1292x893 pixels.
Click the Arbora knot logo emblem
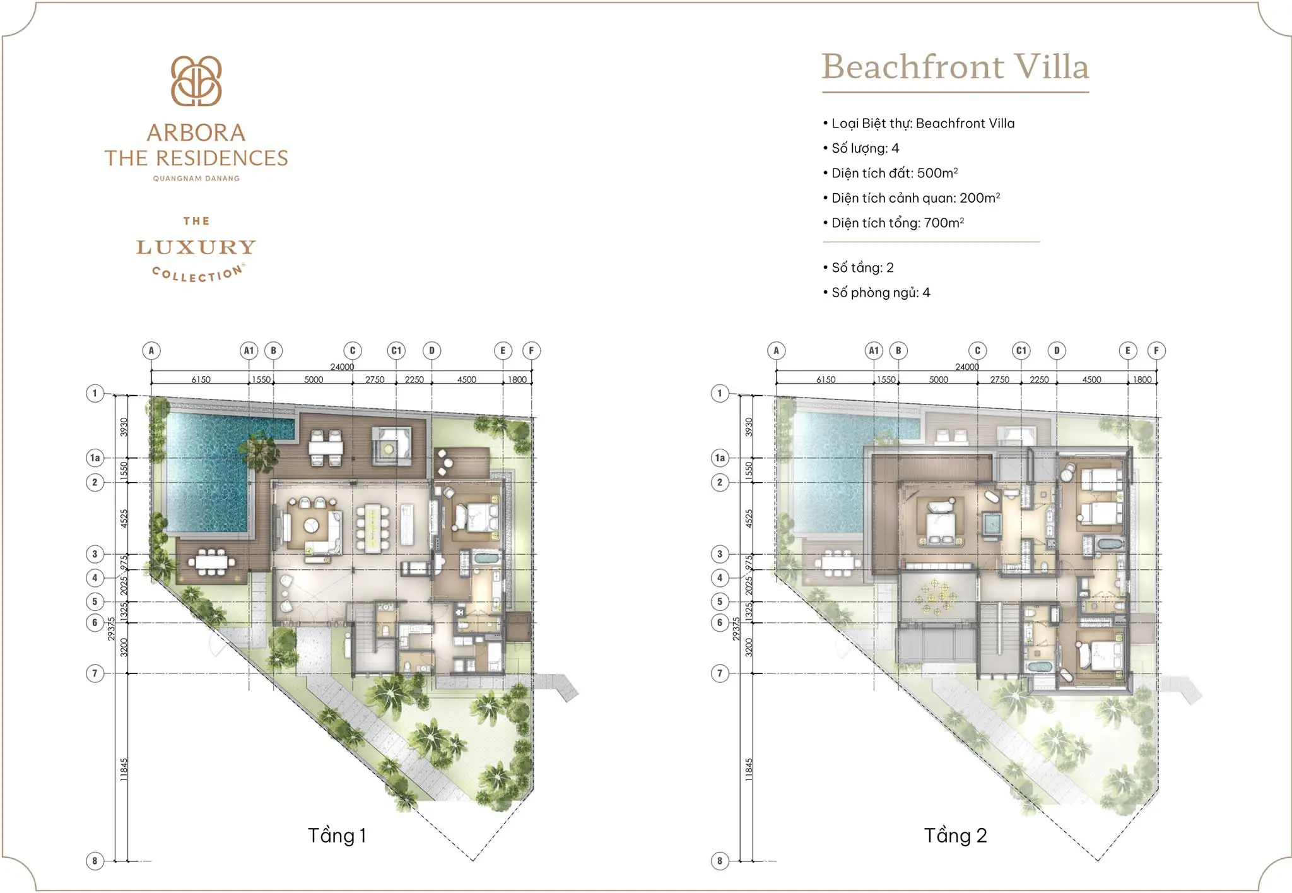pyautogui.click(x=196, y=81)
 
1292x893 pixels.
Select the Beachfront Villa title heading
pyautogui.click(x=955, y=67)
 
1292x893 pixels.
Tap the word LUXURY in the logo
pyautogui.click(x=196, y=247)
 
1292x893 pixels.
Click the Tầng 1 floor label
pyautogui.click(x=337, y=836)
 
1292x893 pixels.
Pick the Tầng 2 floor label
pyautogui.click(x=955, y=836)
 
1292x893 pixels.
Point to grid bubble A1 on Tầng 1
pyautogui.click(x=249, y=351)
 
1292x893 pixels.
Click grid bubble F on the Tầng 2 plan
pyautogui.click(x=1156, y=351)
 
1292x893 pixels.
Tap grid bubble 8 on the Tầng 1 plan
pyautogui.click(x=95, y=861)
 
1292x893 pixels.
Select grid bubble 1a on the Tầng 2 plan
pyautogui.click(x=720, y=458)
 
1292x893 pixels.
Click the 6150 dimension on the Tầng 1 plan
pyautogui.click(x=201, y=380)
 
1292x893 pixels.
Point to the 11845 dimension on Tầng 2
pyautogui.click(x=749, y=770)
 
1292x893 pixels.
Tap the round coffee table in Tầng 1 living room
pyautogui.click(x=312, y=525)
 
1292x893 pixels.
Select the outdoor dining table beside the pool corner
pyautogui.click(x=209, y=562)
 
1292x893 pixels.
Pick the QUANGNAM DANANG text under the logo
pyautogui.click(x=196, y=179)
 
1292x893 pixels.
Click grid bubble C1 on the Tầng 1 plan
pyautogui.click(x=396, y=351)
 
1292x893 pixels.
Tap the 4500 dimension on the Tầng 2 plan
pyautogui.click(x=1091, y=380)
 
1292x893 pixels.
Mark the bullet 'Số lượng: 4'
pyautogui.click(x=865, y=148)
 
